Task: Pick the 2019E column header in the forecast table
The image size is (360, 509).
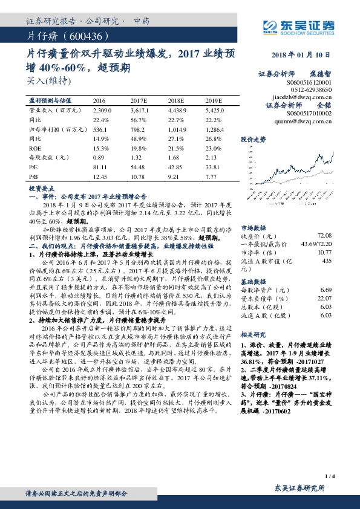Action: [x=214, y=100]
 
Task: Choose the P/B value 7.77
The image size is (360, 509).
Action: [x=211, y=176]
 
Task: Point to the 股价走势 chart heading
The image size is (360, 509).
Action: [x=254, y=139]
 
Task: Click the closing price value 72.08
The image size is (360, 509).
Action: [x=325, y=235]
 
